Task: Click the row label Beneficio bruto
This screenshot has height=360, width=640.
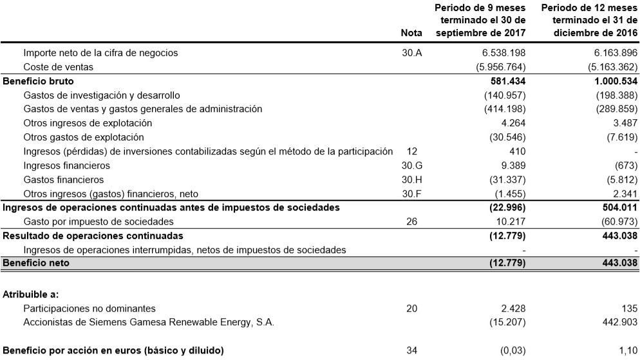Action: coord(39,81)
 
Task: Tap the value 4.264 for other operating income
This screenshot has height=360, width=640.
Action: coord(513,123)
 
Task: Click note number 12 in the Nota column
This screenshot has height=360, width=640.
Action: coord(411,151)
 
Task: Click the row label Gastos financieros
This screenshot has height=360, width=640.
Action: coord(63,180)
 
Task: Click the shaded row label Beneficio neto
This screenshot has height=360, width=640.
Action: coord(36,263)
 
